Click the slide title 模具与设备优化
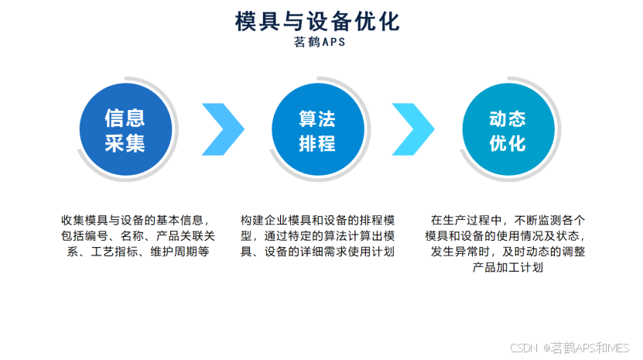coord(318,21)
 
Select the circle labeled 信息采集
coord(125,130)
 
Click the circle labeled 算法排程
coord(317,130)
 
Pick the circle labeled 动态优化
coord(508,130)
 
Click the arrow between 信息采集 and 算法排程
coord(222,129)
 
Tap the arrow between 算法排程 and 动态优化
coord(413,129)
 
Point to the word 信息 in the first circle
coord(125,118)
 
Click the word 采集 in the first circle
coord(125,143)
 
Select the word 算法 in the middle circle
coord(317,118)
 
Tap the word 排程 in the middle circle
coord(317,143)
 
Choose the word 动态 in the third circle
coord(508,118)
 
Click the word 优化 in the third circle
coord(508,143)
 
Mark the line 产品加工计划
coord(508,268)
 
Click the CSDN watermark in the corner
coord(571,348)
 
